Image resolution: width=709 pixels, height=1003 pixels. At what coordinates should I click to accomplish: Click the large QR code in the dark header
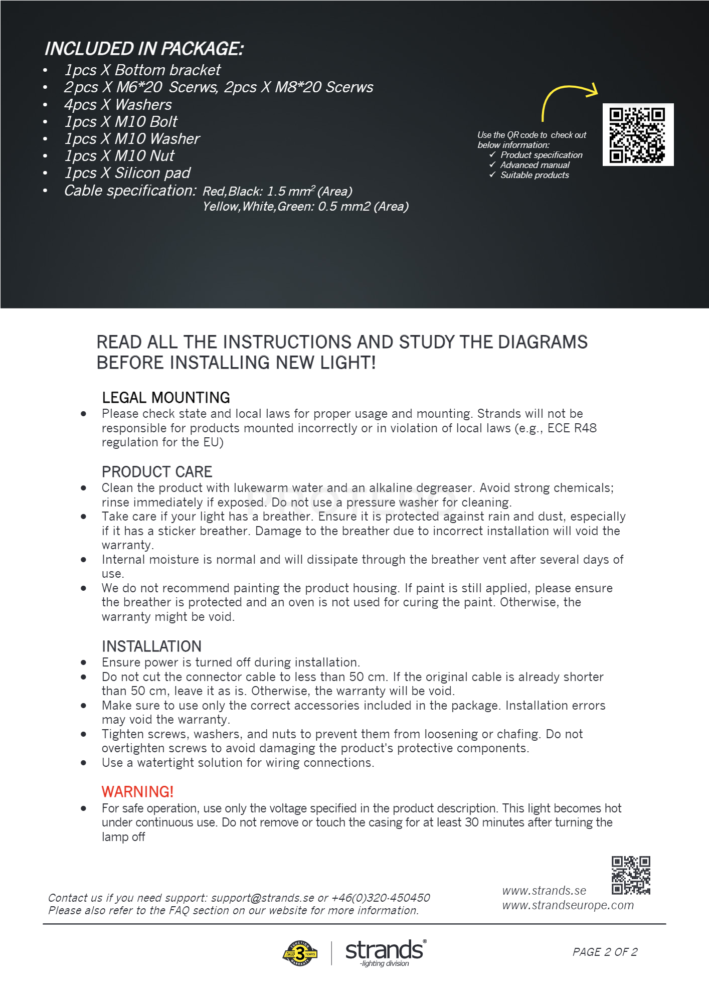click(637, 135)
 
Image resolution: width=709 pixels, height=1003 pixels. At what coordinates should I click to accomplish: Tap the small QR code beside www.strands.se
click(631, 875)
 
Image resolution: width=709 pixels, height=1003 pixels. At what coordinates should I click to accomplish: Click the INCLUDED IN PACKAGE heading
click(144, 49)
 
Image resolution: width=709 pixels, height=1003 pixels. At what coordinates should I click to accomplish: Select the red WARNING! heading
click(137, 791)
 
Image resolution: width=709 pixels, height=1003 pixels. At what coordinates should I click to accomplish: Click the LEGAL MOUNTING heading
click(165, 398)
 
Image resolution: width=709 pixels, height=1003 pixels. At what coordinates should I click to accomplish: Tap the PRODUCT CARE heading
click(157, 472)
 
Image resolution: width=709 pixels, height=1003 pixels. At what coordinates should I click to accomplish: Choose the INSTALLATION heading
click(151, 646)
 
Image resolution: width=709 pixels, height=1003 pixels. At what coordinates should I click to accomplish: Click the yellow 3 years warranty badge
click(300, 953)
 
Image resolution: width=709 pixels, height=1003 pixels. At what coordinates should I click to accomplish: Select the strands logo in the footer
click(385, 952)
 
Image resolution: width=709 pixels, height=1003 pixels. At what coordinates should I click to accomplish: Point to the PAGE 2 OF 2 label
click(605, 952)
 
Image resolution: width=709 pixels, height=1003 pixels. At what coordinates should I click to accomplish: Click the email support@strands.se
click(262, 898)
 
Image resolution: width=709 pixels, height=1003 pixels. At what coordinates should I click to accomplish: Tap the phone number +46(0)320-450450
click(381, 898)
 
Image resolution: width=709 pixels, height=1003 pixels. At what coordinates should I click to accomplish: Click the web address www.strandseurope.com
click(568, 905)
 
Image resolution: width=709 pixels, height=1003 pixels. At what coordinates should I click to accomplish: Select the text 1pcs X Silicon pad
click(127, 173)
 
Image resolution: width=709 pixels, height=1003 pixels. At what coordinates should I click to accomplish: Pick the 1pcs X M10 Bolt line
click(121, 122)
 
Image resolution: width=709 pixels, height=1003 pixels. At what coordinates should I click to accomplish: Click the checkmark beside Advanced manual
click(492, 164)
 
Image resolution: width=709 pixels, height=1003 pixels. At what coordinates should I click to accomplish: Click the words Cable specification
click(130, 191)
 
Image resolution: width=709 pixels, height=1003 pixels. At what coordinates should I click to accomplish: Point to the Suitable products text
click(535, 175)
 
